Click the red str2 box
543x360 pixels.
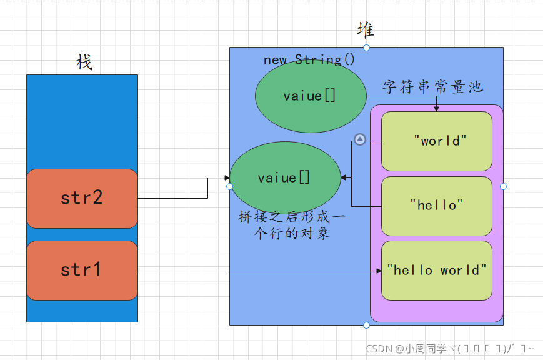82,198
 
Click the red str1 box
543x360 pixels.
82,270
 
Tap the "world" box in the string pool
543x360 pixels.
436,141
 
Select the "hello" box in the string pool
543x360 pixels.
436,205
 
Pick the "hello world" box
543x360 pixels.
436,270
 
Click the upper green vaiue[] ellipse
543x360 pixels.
310,96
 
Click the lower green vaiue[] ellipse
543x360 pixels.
285,178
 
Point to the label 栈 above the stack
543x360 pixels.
84,62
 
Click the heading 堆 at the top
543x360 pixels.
366,29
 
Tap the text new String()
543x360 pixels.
309,60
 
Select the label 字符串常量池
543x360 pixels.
432,87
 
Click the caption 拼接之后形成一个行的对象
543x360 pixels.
291,226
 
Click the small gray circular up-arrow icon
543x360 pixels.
359,139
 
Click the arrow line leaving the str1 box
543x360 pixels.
250,271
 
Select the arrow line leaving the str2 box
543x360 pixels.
175,198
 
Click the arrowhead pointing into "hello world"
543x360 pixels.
378,271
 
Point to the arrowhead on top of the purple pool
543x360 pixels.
436,109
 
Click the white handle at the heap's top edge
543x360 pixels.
366,47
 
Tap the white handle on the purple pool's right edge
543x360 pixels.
503,186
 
